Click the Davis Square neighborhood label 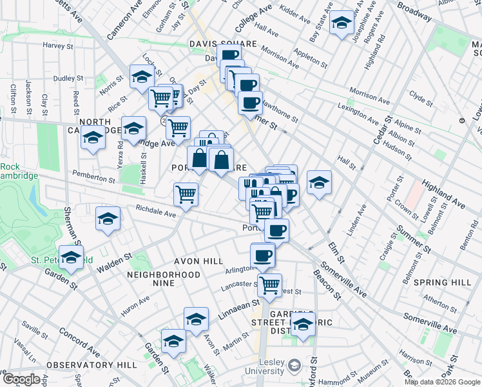[223, 44]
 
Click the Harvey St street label [59, 46]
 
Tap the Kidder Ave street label [296, 13]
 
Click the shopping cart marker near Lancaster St [270, 283]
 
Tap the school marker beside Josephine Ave [341, 23]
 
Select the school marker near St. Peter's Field [71, 257]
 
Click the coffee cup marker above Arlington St [262, 255]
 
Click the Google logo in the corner [21, 379]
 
